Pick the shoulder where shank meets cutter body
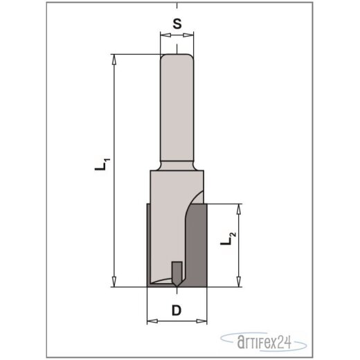[x=178, y=165]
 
